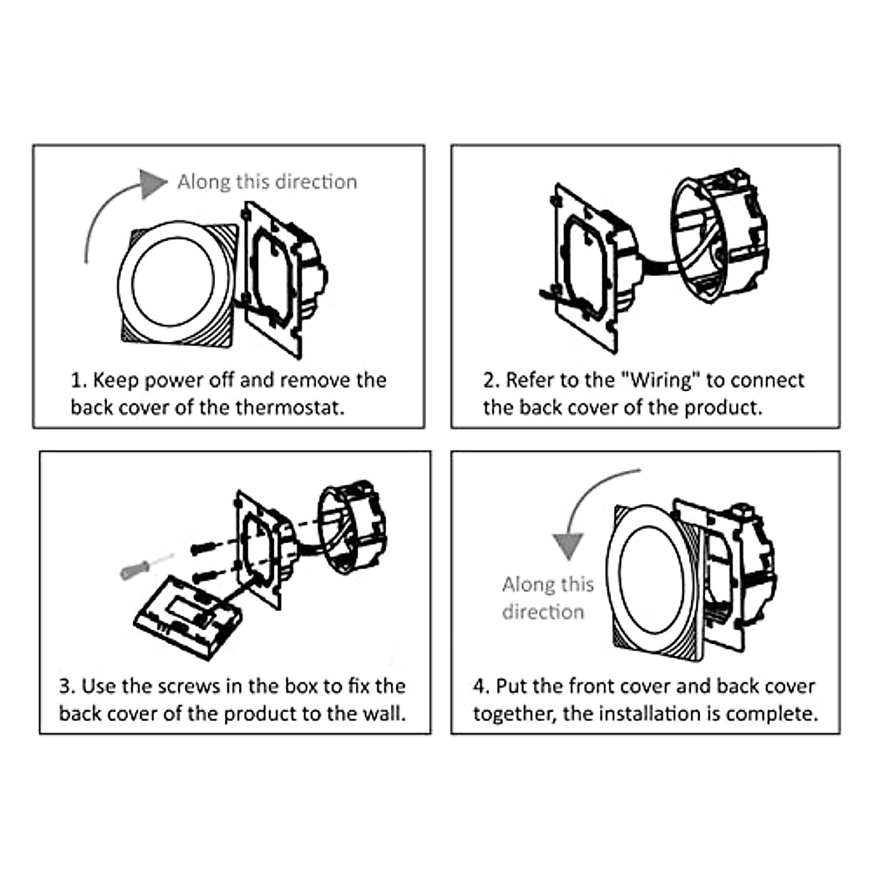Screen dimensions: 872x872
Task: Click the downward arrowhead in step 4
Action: click(x=568, y=545)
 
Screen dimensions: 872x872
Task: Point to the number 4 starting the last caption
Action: click(x=480, y=686)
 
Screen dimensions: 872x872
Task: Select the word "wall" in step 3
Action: click(x=382, y=713)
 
